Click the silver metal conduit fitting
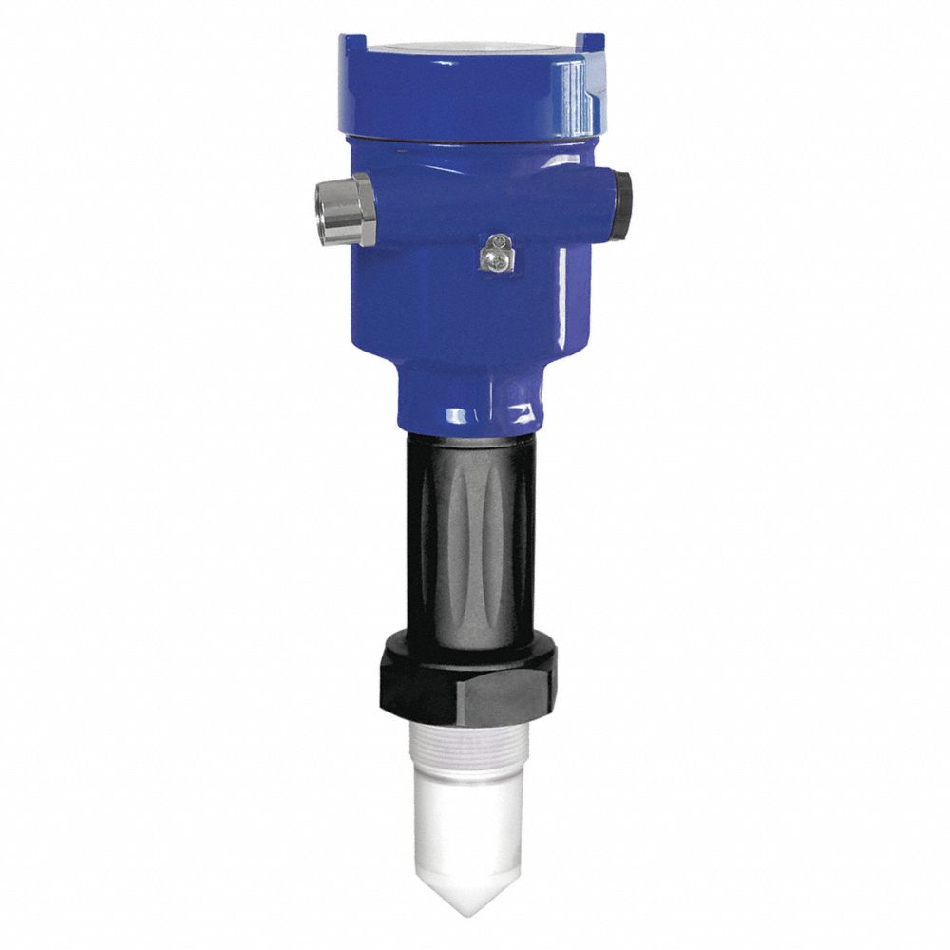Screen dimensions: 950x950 pos(346,210)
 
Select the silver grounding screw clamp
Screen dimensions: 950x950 pos(494,254)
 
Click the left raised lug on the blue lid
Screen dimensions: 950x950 pos(352,44)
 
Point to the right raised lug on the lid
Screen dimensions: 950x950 pos(591,42)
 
